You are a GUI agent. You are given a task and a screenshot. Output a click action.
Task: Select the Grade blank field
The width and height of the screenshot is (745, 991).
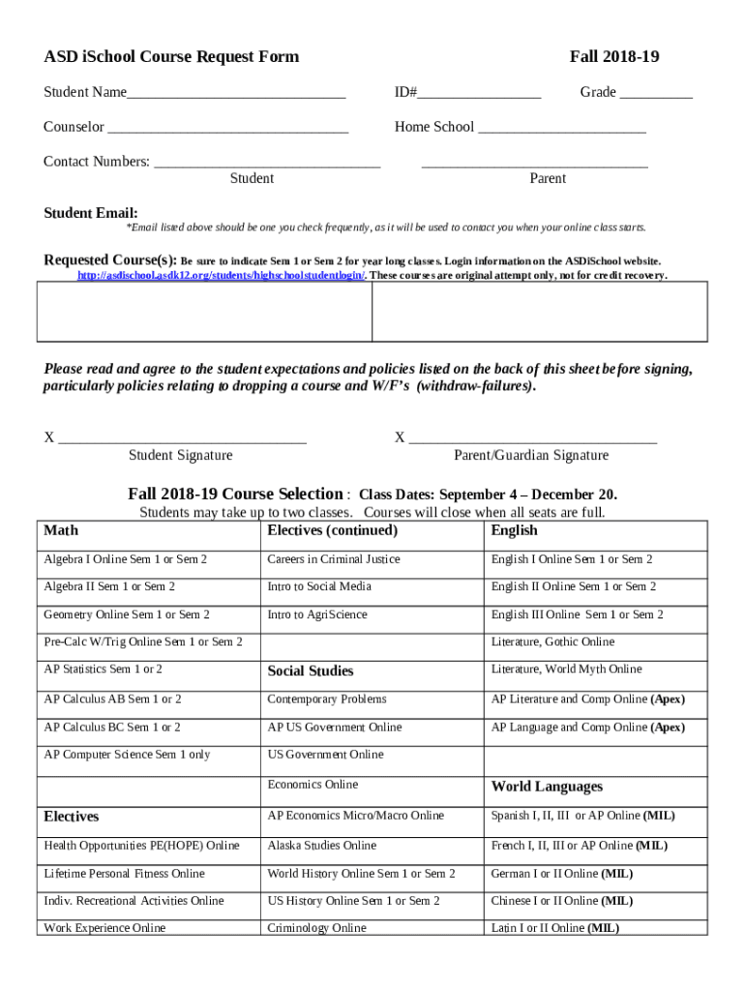pos(656,95)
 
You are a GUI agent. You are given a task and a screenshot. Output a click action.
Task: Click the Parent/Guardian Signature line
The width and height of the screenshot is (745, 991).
pos(532,439)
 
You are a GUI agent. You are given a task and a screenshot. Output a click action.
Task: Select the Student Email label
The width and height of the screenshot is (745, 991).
pos(91,213)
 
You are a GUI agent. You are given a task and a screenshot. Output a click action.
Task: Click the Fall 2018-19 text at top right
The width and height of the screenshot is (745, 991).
pos(614,57)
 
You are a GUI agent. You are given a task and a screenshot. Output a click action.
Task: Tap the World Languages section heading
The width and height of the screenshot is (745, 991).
pos(547,787)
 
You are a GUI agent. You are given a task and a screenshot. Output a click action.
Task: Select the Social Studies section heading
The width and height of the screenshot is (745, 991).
pos(311,671)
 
